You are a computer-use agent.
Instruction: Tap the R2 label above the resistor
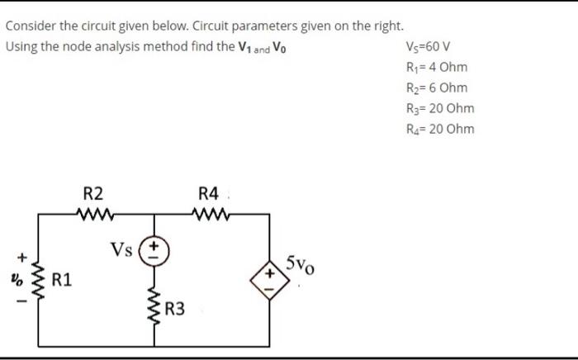(x=93, y=194)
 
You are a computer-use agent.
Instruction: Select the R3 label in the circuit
(x=175, y=310)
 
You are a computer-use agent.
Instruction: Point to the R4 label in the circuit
(x=209, y=194)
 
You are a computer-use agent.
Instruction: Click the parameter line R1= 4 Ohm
(x=438, y=67)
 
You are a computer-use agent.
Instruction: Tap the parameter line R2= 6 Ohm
(x=438, y=88)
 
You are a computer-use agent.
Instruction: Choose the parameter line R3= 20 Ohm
(x=441, y=108)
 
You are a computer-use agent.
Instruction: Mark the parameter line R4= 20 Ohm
(x=441, y=129)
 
